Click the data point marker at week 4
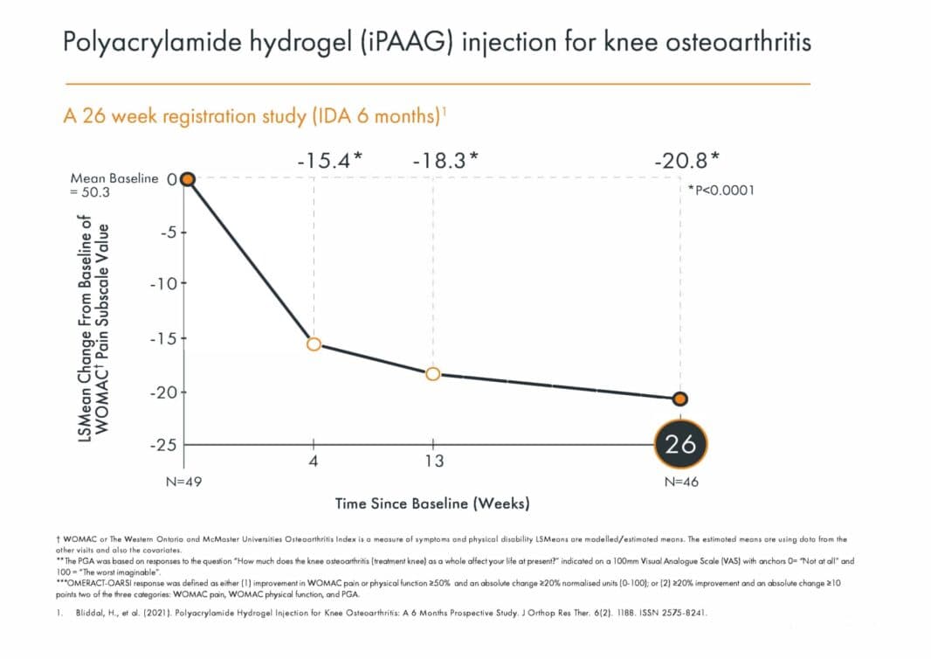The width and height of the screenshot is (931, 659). [314, 344]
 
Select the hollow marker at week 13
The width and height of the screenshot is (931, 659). [433, 374]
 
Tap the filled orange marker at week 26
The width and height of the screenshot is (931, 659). [681, 399]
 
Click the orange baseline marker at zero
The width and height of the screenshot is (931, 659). [186, 179]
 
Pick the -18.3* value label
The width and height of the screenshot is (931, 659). [445, 160]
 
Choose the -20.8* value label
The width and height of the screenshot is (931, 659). [687, 160]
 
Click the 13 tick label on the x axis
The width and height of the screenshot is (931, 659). [434, 461]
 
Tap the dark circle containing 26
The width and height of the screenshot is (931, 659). [681, 444]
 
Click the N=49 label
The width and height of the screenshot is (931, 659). [184, 482]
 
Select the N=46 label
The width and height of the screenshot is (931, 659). [681, 482]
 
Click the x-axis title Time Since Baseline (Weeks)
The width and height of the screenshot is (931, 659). [432, 503]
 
